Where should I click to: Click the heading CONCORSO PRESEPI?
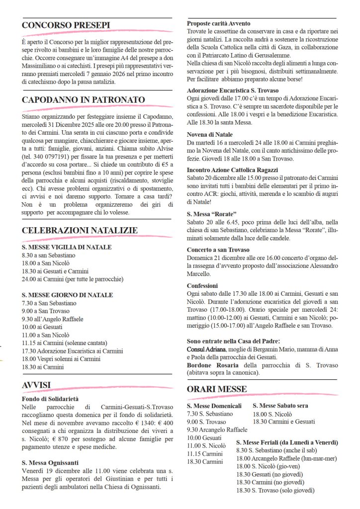(66, 26)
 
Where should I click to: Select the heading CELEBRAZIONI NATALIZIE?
(80, 230)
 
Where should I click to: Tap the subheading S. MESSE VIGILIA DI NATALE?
(67, 247)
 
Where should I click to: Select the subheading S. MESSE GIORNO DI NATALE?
(67, 295)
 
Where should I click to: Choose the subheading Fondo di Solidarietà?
(50, 399)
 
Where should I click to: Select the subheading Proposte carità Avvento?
(218, 23)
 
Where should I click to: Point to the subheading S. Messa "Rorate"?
(208, 213)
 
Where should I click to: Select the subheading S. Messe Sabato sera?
(280, 406)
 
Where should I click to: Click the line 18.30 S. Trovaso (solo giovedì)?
(276, 490)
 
